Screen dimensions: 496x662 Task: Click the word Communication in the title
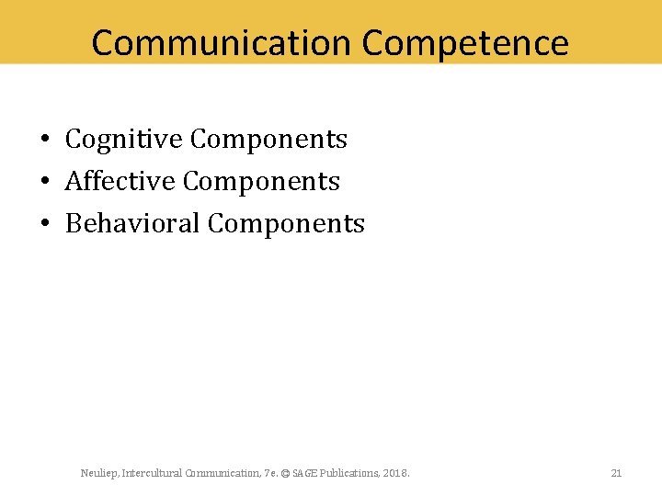222,42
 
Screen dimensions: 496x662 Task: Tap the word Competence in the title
465,42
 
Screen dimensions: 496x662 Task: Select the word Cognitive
124,140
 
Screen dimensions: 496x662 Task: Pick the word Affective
120,182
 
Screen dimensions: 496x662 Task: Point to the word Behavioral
133,224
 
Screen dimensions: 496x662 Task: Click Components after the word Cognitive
268,140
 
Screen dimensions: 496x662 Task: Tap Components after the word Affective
261,182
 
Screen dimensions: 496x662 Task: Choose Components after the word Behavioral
287,224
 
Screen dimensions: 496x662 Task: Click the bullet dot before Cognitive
45,141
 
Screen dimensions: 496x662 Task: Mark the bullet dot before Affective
45,183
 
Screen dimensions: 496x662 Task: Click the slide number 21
616,473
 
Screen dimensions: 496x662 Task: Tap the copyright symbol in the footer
285,473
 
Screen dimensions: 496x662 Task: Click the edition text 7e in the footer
269,473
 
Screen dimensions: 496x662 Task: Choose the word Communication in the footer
223,473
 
